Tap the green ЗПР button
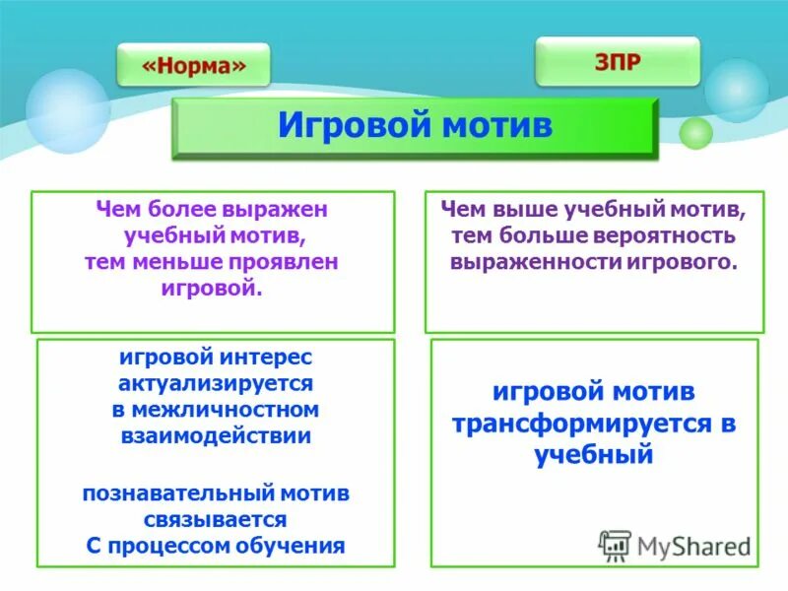(x=618, y=62)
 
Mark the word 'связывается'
(x=215, y=518)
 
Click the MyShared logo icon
(x=616, y=546)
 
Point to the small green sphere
(x=696, y=133)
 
